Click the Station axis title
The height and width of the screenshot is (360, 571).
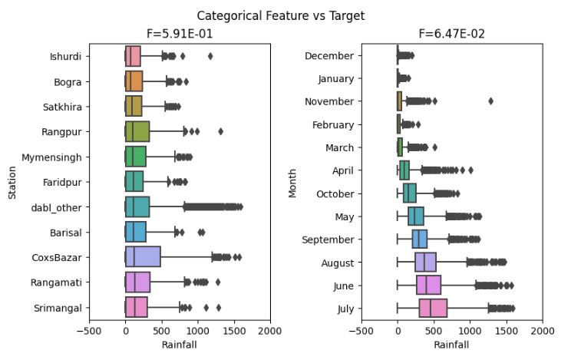point(13,182)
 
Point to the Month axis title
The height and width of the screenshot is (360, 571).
point(292,182)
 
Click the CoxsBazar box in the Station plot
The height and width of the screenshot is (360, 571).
point(143,257)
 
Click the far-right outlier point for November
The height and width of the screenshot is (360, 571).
point(490,101)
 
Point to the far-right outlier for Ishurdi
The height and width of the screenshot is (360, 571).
point(210,56)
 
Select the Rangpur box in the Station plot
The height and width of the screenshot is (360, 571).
point(137,131)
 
